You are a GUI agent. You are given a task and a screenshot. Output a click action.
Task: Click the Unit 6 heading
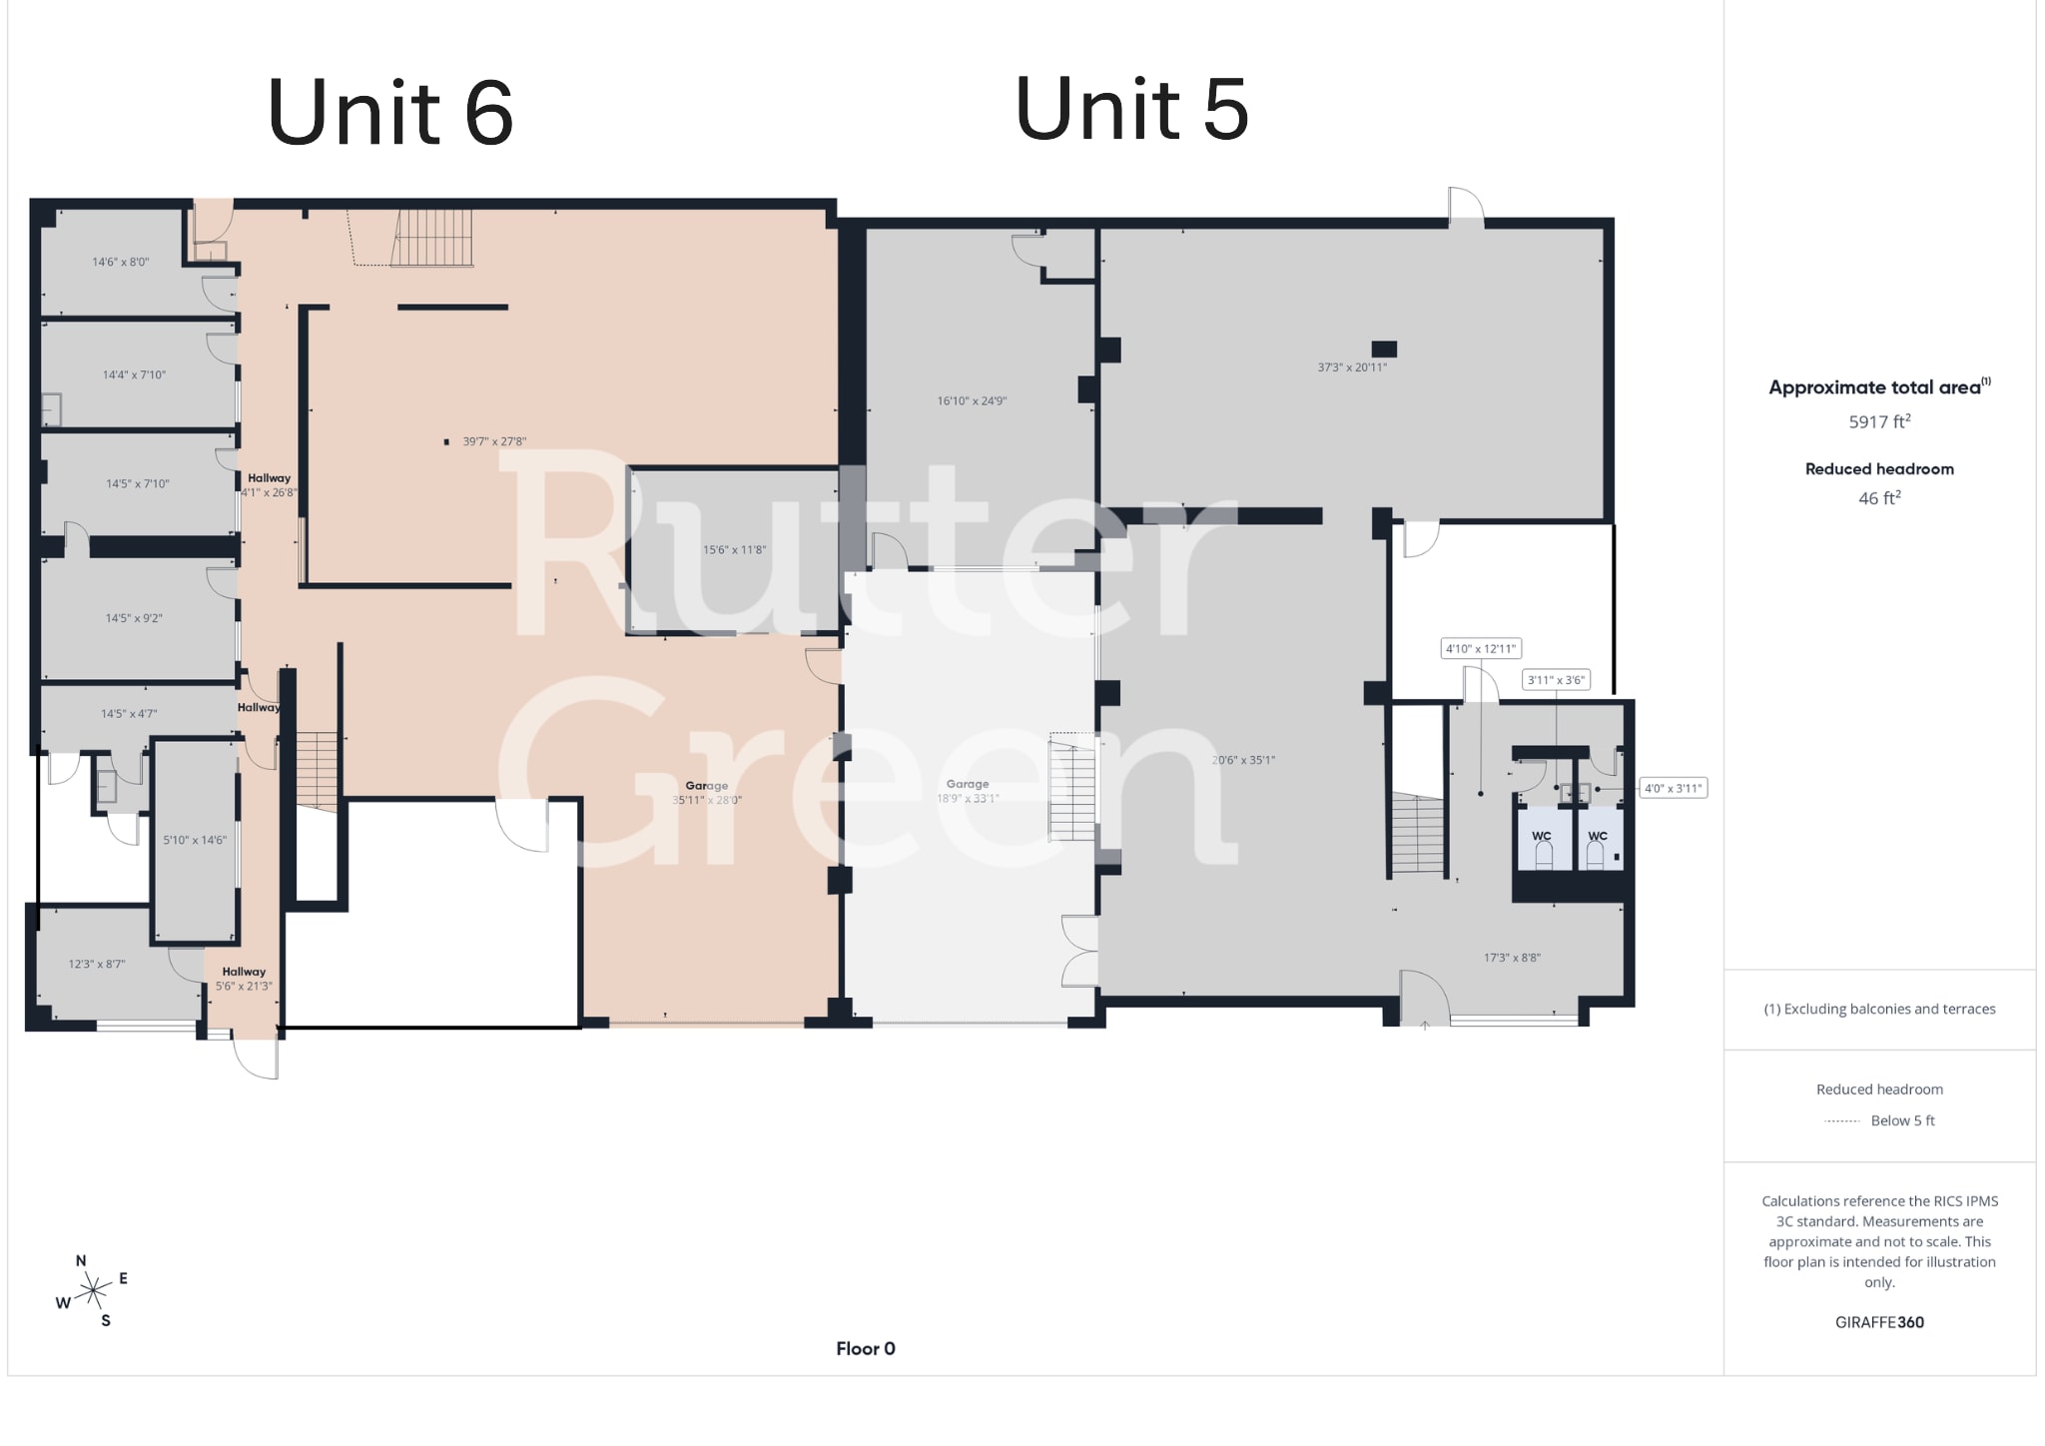pyautogui.click(x=390, y=112)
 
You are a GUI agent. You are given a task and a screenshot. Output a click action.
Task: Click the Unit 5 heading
pyautogui.click(x=1131, y=109)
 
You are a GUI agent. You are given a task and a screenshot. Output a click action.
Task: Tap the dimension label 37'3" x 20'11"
pyautogui.click(x=1351, y=367)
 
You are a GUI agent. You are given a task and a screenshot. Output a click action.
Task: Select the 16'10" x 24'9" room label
pyautogui.click(x=972, y=401)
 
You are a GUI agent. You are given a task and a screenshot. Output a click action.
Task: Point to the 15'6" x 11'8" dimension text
pyautogui.click(x=734, y=550)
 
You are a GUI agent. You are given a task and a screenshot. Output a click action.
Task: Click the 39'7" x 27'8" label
pyautogui.click(x=493, y=441)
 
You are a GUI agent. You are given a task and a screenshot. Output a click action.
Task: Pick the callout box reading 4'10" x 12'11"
pyautogui.click(x=1480, y=649)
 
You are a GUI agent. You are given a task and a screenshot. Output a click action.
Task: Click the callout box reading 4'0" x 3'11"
pyautogui.click(x=1673, y=789)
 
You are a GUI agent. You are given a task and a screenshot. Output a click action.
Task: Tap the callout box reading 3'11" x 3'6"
pyautogui.click(x=1556, y=681)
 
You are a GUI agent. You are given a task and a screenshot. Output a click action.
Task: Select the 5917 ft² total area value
pyautogui.click(x=1878, y=422)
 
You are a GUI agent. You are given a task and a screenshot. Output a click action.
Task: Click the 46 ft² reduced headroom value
pyautogui.click(x=1878, y=498)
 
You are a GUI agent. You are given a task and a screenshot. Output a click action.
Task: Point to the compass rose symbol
pyautogui.click(x=93, y=1291)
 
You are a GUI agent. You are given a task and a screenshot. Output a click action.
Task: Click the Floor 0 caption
pyautogui.click(x=865, y=1349)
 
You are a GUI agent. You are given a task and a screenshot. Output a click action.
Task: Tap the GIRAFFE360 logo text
pyautogui.click(x=1878, y=1322)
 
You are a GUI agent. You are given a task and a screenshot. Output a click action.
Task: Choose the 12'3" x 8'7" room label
pyautogui.click(x=97, y=965)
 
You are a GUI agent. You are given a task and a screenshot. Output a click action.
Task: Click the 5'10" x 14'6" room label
pyautogui.click(x=195, y=841)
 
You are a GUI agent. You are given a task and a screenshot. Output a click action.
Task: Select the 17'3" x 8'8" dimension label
pyautogui.click(x=1512, y=958)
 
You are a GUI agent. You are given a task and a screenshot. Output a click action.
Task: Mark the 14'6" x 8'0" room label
pyautogui.click(x=121, y=263)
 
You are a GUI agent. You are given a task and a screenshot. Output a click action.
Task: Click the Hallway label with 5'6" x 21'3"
pyautogui.click(x=244, y=979)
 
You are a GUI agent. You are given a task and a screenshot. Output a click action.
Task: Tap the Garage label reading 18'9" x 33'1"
pyautogui.click(x=968, y=792)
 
